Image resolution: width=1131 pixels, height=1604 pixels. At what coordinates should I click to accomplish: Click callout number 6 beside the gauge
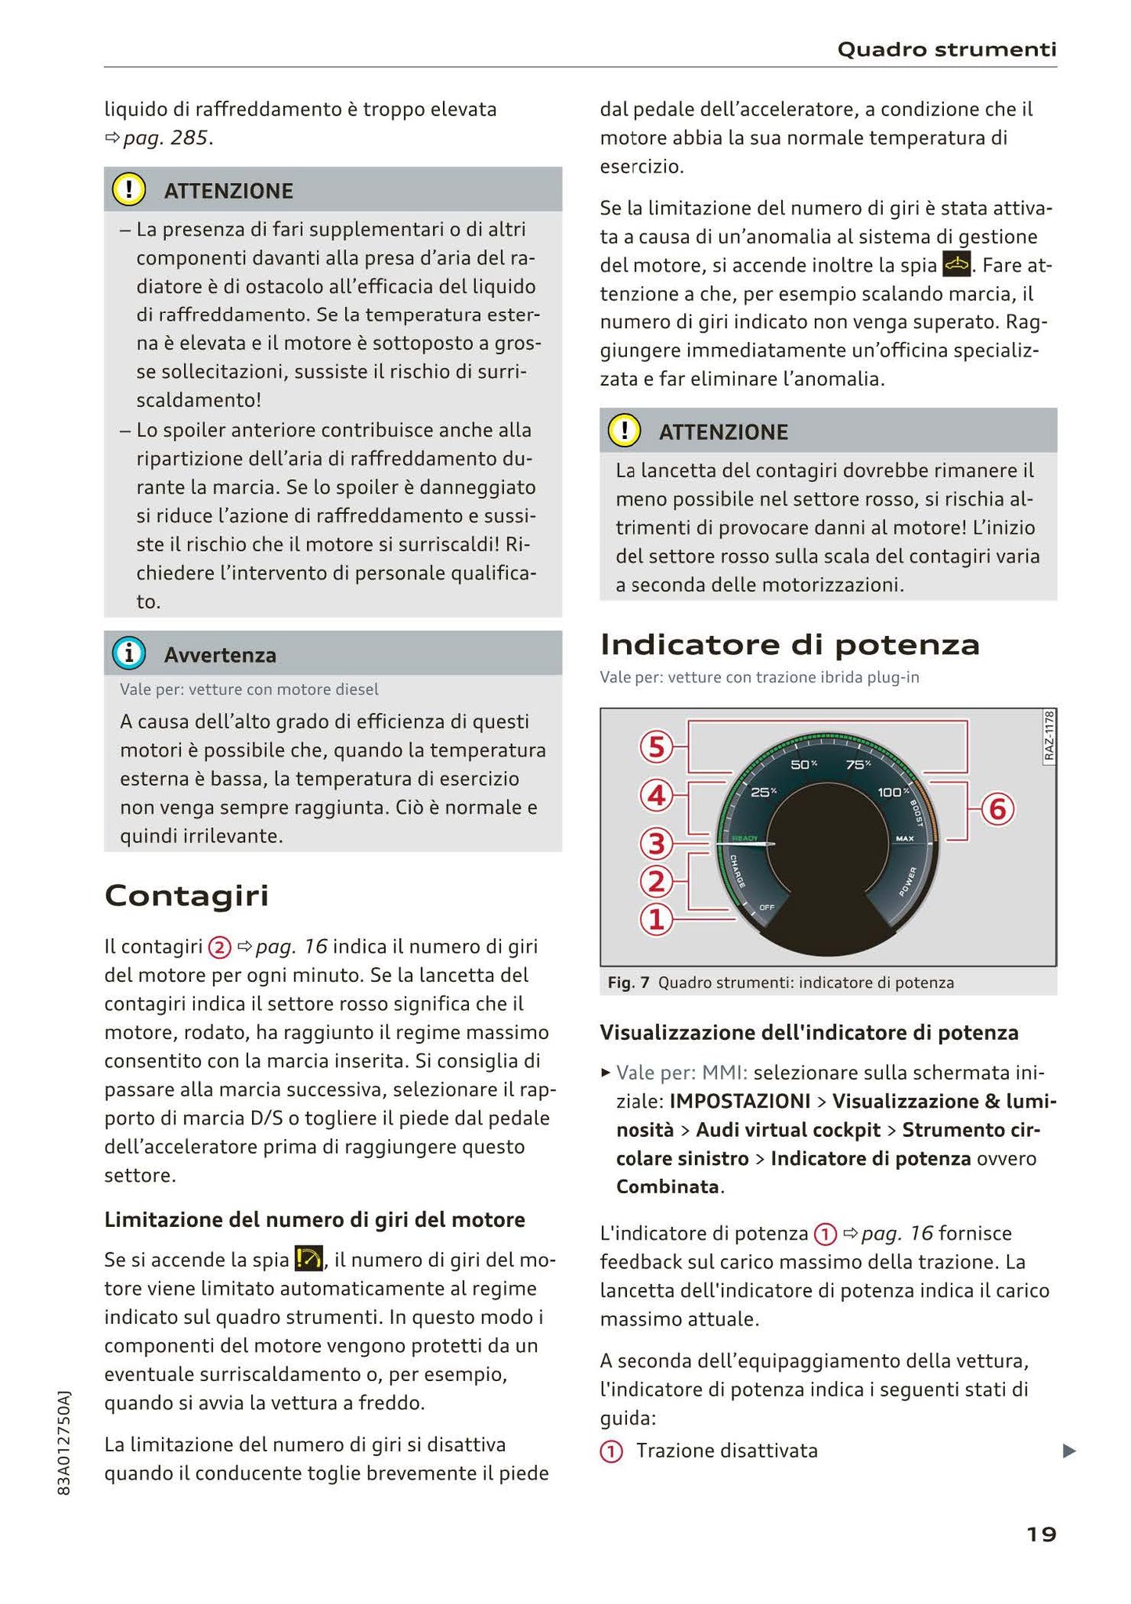click(996, 810)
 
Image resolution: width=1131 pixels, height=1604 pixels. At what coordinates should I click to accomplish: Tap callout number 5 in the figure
click(656, 747)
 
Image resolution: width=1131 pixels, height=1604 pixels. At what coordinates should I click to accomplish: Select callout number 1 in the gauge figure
click(656, 920)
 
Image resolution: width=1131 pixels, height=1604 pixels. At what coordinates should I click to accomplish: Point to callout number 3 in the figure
click(656, 844)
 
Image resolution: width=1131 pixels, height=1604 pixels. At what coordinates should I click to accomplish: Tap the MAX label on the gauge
click(904, 839)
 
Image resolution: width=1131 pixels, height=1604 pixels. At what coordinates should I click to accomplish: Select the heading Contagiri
click(186, 895)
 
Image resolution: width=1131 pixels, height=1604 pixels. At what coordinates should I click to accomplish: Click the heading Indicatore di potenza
click(789, 645)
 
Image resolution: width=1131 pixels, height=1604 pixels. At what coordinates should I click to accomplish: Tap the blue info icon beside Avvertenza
click(129, 654)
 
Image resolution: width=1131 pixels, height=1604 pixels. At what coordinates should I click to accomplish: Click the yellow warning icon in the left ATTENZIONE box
click(129, 190)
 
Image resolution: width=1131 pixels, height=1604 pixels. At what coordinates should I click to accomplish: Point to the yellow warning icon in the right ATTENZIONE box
click(625, 431)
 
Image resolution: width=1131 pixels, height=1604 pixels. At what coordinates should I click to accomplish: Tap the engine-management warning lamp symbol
click(956, 265)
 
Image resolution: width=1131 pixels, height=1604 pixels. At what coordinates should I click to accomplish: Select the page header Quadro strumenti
click(946, 50)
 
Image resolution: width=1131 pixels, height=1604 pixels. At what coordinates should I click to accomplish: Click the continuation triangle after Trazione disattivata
click(1069, 1451)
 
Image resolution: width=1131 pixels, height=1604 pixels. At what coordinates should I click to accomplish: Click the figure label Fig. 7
click(628, 983)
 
